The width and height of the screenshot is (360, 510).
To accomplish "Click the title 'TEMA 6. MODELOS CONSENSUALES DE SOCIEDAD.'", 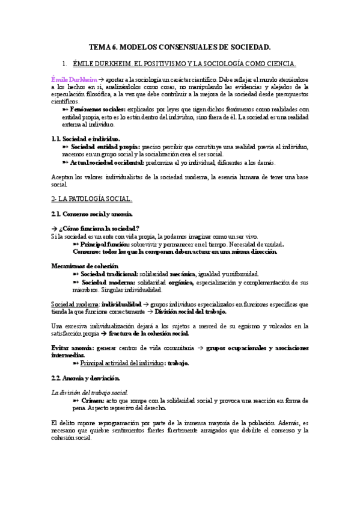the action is click(180, 46).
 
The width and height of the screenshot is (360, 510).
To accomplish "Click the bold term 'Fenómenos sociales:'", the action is click(98, 109).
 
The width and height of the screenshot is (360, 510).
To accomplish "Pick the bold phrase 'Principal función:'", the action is click(106, 244).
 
